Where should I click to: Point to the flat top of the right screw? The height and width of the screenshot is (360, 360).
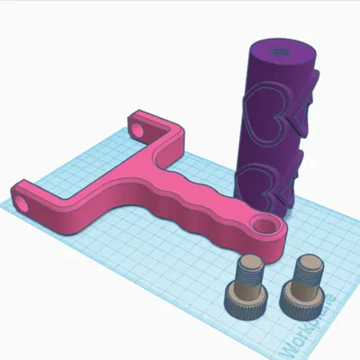point(308,262)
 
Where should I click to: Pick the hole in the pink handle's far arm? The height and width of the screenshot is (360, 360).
point(139,129)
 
